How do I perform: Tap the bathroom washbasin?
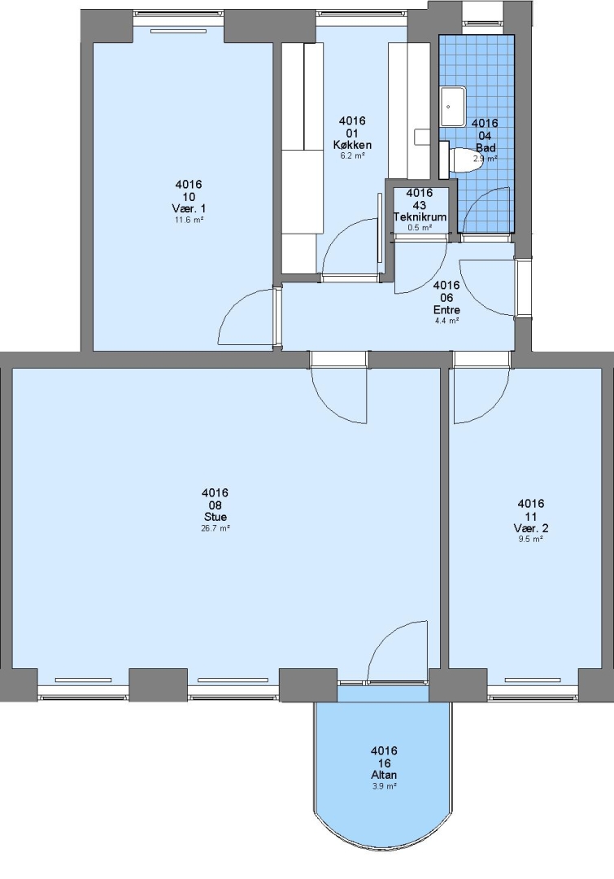[x=453, y=107]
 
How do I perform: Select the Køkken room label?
[x=352, y=145]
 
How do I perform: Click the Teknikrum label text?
[x=420, y=217]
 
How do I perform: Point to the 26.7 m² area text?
[x=216, y=528]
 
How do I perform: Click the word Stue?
[x=216, y=517]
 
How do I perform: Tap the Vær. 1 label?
[x=189, y=208]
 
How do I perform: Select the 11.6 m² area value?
[x=189, y=220]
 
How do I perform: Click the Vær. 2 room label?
[x=531, y=528]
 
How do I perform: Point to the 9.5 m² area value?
[x=531, y=540]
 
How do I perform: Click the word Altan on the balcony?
[x=385, y=776]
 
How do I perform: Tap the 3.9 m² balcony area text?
[x=385, y=786]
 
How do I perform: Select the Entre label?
[x=447, y=310]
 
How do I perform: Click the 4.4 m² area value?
[x=447, y=321]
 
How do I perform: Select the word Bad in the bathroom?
[x=486, y=148]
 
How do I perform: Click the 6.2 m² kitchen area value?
[x=353, y=155]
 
